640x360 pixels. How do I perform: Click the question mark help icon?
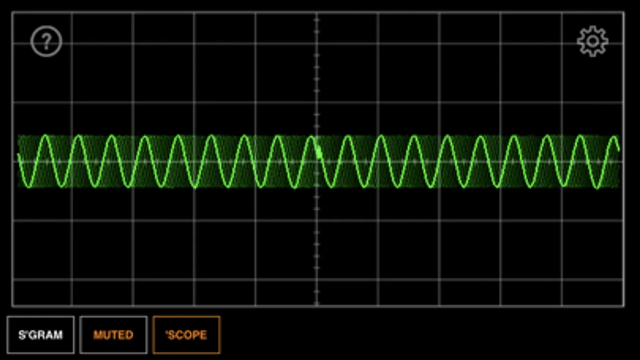46,41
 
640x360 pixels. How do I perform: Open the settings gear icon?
593,41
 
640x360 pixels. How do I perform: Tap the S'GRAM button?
40,335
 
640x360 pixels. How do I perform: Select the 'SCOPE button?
187,335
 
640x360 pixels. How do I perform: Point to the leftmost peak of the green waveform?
46,135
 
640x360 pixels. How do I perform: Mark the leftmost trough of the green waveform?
29,187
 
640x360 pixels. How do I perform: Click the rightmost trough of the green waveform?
597,188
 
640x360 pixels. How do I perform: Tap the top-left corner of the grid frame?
12,12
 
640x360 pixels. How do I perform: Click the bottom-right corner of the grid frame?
624,306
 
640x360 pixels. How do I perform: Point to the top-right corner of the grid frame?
624,12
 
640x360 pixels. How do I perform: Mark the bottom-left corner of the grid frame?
12,306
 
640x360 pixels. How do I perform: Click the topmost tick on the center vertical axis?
317,20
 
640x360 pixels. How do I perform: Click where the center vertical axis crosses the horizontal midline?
317,162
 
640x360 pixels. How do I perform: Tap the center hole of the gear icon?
593,41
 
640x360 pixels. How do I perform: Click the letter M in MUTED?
98,335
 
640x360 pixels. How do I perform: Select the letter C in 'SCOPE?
180,335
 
